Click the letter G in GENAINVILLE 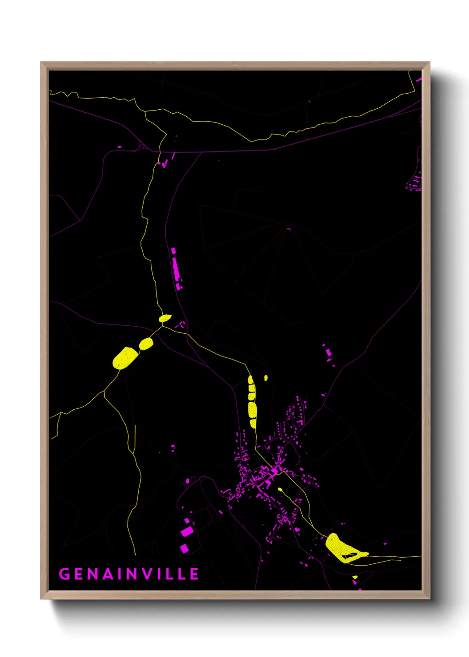[65, 574]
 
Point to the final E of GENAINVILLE [194, 574]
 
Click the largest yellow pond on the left [125, 358]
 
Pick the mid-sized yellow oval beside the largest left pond [146, 344]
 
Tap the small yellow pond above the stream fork [165, 318]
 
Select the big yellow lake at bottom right [340, 548]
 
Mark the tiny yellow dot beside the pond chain [266, 378]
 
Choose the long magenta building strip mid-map [176, 269]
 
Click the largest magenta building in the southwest [187, 531]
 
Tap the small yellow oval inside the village [280, 490]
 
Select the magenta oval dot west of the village [188, 481]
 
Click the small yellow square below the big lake [355, 578]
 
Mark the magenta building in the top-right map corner [419, 80]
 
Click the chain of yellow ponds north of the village [252, 402]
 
